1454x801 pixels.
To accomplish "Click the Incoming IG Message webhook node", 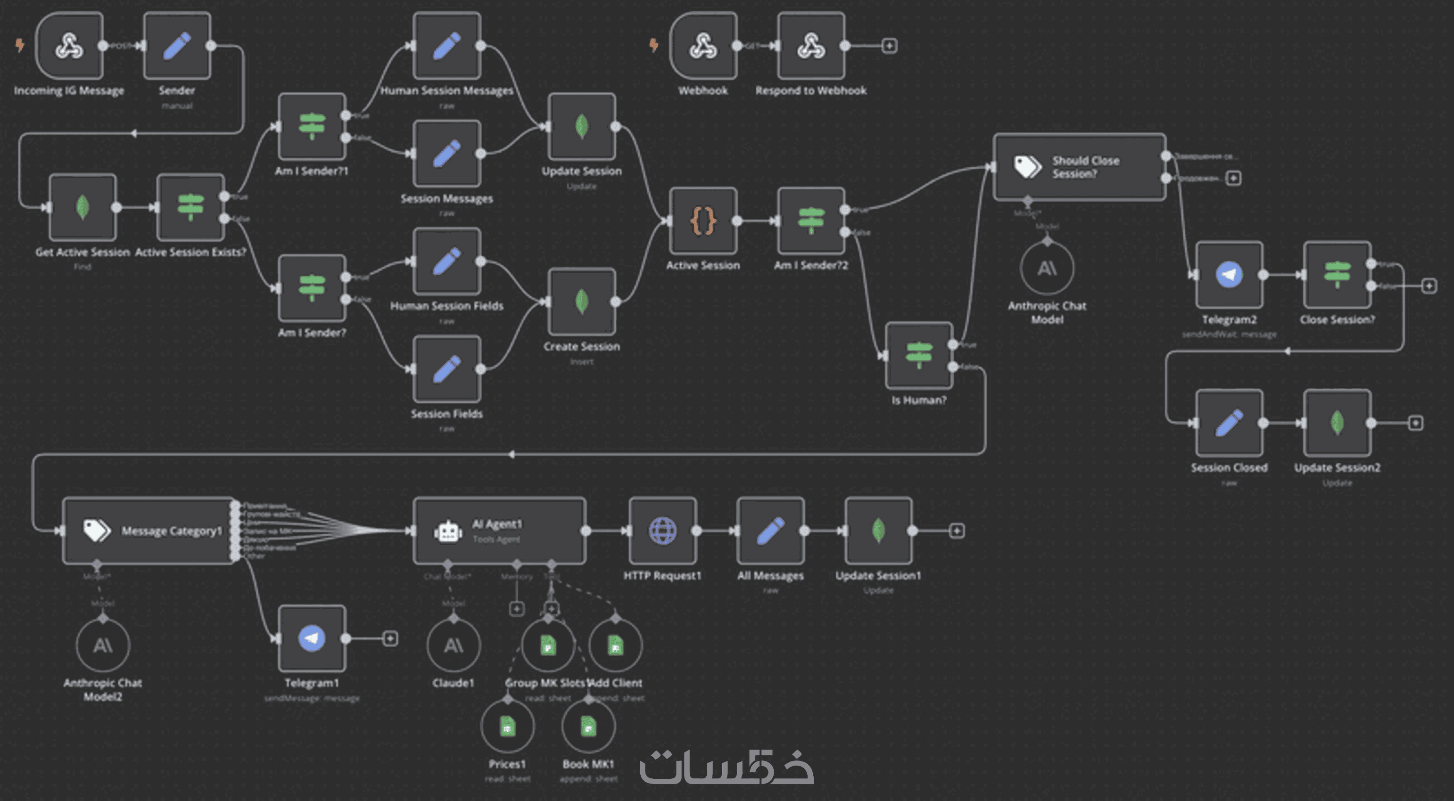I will click(x=69, y=46).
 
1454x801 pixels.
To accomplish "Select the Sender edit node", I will click(x=177, y=46).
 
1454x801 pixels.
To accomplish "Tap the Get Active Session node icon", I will click(x=83, y=207).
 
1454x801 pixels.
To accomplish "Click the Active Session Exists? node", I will click(x=190, y=207).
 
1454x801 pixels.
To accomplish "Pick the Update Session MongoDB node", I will click(x=581, y=126).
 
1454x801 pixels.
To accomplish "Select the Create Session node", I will click(x=581, y=302).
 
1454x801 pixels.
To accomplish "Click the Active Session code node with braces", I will click(x=703, y=221).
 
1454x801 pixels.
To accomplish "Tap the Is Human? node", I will click(x=919, y=355).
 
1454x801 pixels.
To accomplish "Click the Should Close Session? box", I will click(x=1079, y=167).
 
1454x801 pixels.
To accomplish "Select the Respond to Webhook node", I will click(x=810, y=46).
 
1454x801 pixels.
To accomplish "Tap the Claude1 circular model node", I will click(x=453, y=646).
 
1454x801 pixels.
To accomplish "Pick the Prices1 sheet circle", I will click(x=507, y=727).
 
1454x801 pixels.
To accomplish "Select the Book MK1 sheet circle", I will click(x=588, y=727).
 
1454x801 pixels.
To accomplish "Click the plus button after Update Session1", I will click(x=956, y=531).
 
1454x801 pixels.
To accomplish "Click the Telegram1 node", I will click(x=312, y=638).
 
